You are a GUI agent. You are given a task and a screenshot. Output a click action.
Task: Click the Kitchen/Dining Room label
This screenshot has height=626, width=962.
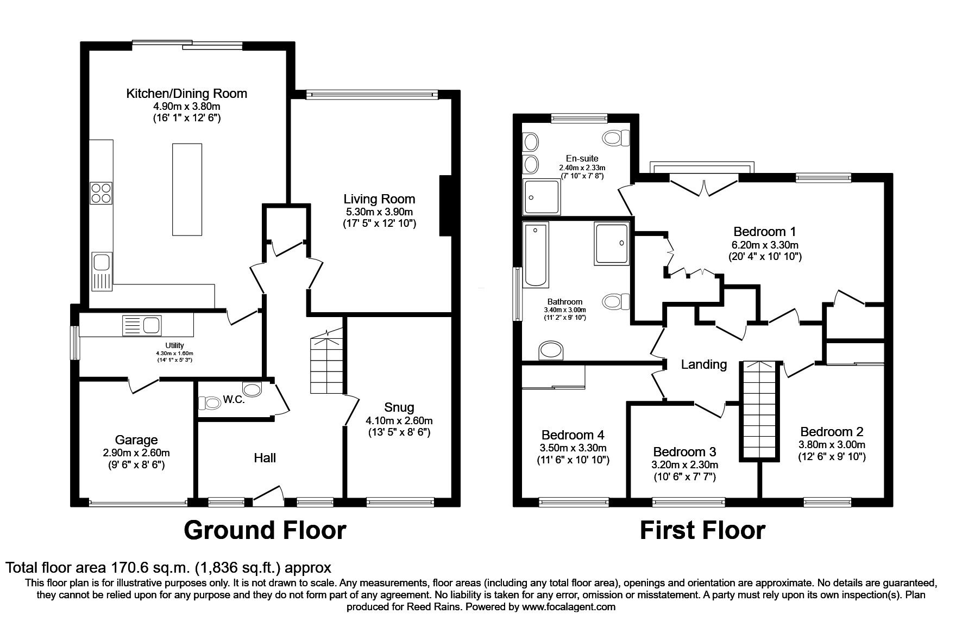point(186,93)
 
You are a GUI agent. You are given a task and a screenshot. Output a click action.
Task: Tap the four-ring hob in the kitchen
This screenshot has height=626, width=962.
point(101,192)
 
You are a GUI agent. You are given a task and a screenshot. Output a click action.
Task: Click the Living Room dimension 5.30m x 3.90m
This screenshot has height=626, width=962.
point(379,212)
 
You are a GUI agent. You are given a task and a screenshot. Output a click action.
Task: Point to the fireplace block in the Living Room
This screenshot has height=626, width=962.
point(445,206)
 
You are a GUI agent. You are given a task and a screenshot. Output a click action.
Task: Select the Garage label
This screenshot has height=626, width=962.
point(136,439)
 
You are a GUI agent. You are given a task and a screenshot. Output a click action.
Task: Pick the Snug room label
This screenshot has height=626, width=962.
point(399,407)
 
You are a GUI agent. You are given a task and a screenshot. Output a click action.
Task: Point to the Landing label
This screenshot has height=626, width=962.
point(704,364)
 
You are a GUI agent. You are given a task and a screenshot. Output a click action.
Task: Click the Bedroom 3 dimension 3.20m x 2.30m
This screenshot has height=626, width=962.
point(684,464)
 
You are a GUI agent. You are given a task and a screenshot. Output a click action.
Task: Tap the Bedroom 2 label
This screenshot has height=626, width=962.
point(831,431)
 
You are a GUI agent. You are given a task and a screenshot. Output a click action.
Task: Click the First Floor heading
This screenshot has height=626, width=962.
point(702,530)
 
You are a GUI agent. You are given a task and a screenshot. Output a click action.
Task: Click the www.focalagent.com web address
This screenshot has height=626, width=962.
point(569,606)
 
